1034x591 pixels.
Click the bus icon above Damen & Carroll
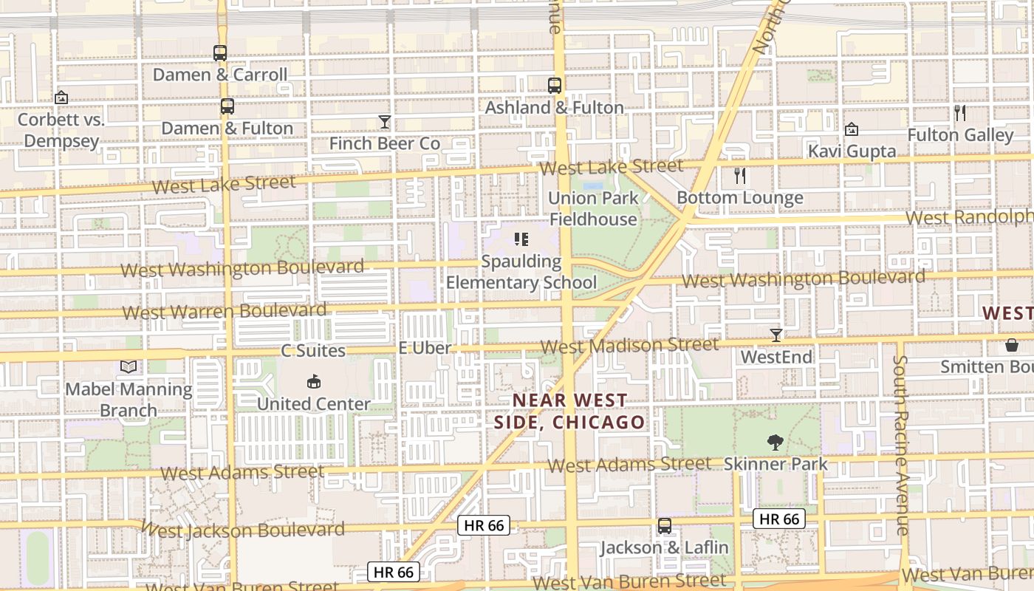220,53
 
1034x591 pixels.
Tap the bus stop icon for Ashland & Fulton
555,86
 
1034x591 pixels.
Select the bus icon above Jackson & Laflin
665,526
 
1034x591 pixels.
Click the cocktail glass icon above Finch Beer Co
384,122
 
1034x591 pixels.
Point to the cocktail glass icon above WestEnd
775,335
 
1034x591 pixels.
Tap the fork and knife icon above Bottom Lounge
740,176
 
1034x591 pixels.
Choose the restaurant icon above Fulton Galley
959,113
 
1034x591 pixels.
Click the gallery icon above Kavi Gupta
851,129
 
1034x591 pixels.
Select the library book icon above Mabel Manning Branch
129,366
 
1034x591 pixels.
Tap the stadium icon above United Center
313,382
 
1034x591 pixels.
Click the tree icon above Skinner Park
775,443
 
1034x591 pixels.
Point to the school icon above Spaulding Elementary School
521,239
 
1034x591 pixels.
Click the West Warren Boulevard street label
225,311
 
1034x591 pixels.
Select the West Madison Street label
629,346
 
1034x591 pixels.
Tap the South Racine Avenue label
900,445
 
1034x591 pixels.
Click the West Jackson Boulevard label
242,530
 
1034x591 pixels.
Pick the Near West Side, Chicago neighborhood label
569,411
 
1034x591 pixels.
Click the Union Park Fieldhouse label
593,208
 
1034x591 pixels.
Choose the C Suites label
313,350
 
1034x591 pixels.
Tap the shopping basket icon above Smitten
1011,345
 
